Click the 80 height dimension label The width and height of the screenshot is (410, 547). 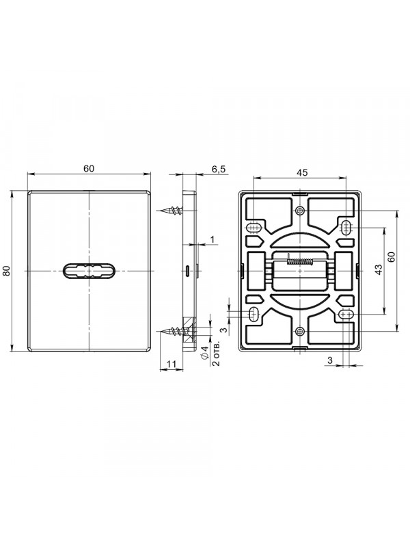pos(7,270)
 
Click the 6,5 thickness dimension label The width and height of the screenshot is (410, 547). pos(219,169)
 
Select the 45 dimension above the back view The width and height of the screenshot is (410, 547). pos(302,172)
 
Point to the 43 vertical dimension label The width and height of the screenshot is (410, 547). pos(379,270)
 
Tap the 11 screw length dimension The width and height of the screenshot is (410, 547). pos(172,364)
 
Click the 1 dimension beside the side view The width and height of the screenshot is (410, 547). pos(213,239)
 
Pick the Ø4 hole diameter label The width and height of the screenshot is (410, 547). pos(205,352)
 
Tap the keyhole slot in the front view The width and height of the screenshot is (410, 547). pos(89,271)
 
